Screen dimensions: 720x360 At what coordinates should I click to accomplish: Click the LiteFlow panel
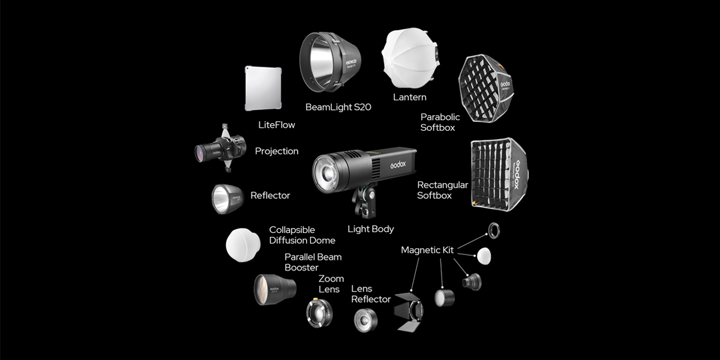pyautogui.click(x=263, y=88)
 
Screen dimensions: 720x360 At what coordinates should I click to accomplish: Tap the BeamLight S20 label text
pyautogui.click(x=338, y=107)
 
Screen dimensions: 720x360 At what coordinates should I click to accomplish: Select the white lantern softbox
pyautogui.click(x=410, y=58)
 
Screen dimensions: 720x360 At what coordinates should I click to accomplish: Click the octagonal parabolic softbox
pyautogui.click(x=486, y=88)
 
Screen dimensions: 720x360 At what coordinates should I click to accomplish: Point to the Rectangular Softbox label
pyautogui.click(x=443, y=190)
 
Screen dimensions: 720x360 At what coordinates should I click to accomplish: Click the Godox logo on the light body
pyautogui.click(x=398, y=165)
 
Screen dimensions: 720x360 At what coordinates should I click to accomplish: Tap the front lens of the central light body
pyautogui.click(x=326, y=173)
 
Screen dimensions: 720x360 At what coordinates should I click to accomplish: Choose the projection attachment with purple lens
pyautogui.click(x=221, y=148)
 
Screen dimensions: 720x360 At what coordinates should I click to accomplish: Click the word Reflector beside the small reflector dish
pyautogui.click(x=270, y=196)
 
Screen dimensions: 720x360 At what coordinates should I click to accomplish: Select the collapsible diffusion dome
pyautogui.click(x=243, y=245)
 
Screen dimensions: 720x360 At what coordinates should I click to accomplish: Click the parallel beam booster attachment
pyautogui.click(x=275, y=289)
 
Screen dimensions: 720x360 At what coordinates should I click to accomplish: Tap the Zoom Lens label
pyautogui.click(x=331, y=284)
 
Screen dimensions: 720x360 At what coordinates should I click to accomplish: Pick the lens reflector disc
pyautogui.click(x=366, y=320)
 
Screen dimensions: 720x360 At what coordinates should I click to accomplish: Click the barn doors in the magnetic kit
pyautogui.click(x=409, y=311)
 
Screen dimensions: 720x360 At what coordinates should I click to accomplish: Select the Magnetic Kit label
pyautogui.click(x=427, y=250)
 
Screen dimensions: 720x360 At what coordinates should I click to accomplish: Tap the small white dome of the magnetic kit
pyautogui.click(x=484, y=256)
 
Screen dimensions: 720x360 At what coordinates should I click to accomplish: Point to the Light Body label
pyautogui.click(x=371, y=229)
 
